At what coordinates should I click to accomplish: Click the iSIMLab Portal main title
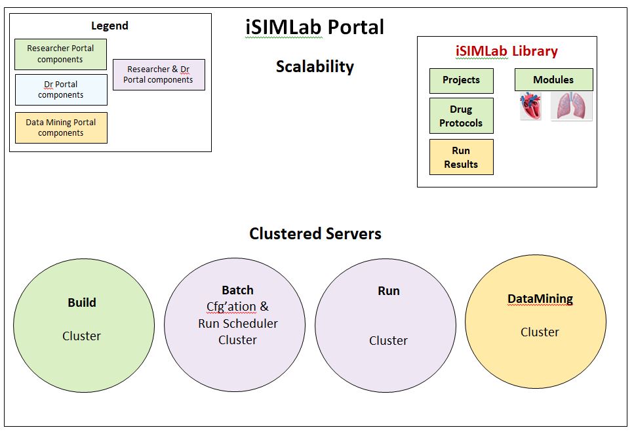315,28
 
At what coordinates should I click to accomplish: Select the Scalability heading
315,66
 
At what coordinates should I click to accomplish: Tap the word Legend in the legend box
109,26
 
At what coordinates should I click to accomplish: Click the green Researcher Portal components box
60,54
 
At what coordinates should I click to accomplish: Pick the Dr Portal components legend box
61,90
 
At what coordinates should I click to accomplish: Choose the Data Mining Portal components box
61,128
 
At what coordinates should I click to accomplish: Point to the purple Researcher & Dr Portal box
159,75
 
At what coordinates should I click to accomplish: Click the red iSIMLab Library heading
507,51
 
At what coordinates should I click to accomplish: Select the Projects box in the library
461,80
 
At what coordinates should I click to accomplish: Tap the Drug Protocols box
461,116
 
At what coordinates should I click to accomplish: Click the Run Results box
461,157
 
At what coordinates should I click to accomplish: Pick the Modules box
553,80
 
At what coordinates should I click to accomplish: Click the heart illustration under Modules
530,106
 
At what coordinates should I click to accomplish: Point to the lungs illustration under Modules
571,106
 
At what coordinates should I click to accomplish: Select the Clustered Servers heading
315,234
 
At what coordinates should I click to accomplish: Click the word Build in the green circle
82,303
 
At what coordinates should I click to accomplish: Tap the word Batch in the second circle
237,290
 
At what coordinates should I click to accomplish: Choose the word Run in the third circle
389,291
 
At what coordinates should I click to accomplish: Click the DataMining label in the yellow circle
540,299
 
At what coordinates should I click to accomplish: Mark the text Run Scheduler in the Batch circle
238,324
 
